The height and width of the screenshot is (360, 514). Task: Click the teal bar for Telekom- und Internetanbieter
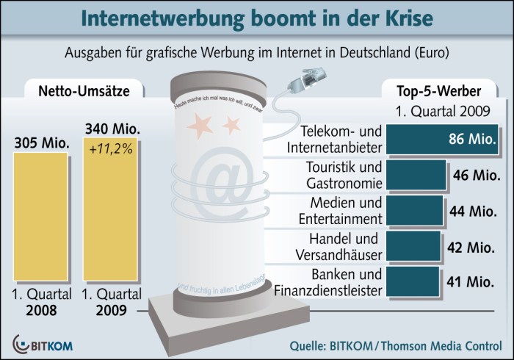pos(434,139)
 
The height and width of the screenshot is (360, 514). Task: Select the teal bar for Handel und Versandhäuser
pos(412,245)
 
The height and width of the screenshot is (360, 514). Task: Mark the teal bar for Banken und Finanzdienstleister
pos(411,281)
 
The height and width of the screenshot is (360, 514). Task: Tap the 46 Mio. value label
pos(475,176)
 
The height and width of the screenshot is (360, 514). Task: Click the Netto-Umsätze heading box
pos(74,92)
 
